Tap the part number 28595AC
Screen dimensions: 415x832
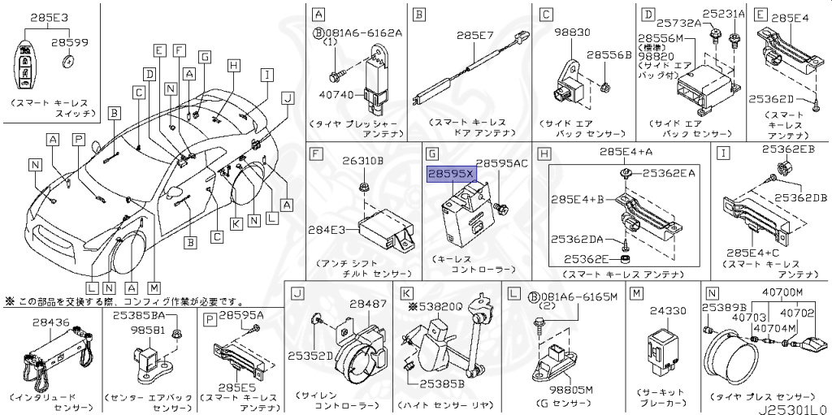[x=502, y=163]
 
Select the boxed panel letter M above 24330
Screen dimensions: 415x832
[x=637, y=292]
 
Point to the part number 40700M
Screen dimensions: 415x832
[x=782, y=292]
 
